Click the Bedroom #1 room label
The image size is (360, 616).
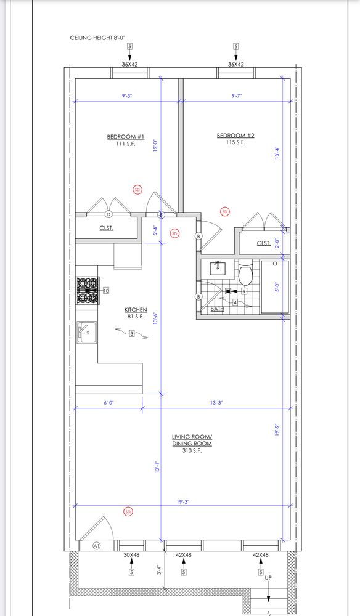point(126,137)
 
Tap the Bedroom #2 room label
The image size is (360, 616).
point(236,136)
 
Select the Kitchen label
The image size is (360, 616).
point(136,310)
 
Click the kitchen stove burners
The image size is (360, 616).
point(88,290)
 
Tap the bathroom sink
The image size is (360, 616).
point(218,268)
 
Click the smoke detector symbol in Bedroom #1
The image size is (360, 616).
point(137,189)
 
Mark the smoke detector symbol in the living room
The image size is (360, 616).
point(128,512)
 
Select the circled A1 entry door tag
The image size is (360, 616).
point(97,545)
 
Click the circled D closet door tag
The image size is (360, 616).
point(108,214)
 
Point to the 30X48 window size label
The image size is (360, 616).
point(132,555)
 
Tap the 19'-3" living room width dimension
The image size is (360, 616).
point(183,501)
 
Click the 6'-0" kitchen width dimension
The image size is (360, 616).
point(109,403)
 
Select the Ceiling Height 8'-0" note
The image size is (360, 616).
point(97,38)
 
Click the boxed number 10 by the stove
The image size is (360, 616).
point(106,291)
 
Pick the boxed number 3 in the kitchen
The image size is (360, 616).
point(132,334)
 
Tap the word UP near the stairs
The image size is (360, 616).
point(268,578)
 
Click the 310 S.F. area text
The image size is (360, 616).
point(192,451)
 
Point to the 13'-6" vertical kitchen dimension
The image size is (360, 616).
point(156,318)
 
